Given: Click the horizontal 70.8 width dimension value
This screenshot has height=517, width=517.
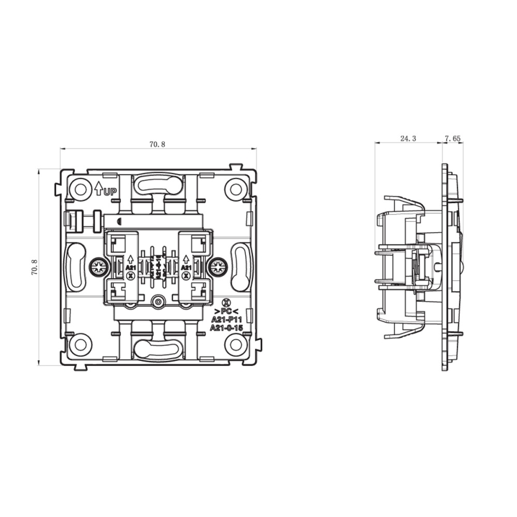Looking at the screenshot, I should pyautogui.click(x=157, y=145).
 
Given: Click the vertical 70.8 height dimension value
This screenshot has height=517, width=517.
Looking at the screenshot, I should pyautogui.click(x=34, y=267).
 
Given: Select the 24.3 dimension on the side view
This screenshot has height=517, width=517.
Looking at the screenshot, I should pyautogui.click(x=408, y=139).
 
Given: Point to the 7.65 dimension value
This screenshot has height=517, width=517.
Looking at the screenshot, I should pyautogui.click(x=452, y=139).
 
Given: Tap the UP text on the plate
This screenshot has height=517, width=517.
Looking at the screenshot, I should pyautogui.click(x=110, y=192).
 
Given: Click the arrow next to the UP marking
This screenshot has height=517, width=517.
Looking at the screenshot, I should pyautogui.click(x=98, y=188).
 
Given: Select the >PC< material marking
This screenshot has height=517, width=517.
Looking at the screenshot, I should pyautogui.click(x=225, y=312).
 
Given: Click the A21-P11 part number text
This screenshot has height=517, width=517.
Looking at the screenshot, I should pyautogui.click(x=226, y=320).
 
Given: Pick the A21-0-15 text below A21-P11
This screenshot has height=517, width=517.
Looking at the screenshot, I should pyautogui.click(x=226, y=328).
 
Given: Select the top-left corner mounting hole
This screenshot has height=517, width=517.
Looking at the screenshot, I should pyautogui.click(x=80, y=189).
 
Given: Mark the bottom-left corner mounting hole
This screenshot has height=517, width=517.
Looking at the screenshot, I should pyautogui.click(x=80, y=343).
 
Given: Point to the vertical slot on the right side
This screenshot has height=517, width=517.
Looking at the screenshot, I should pyautogui.click(x=240, y=267).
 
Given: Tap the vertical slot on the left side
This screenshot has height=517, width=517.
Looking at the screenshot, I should pyautogui.click(x=76, y=267).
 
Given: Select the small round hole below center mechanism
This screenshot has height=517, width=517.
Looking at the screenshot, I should pyautogui.click(x=158, y=301).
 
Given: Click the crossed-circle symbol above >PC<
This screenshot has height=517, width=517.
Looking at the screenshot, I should pyautogui.click(x=225, y=303).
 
